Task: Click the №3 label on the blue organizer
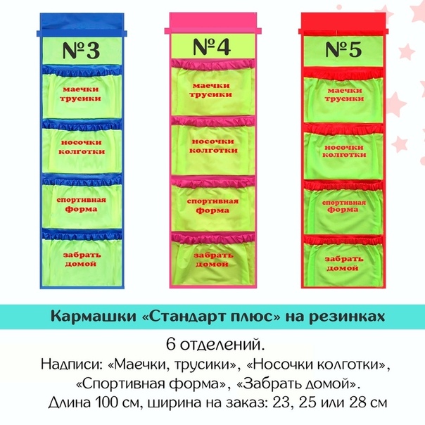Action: [x=82, y=51]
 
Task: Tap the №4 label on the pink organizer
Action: [x=212, y=46]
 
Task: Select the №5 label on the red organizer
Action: [x=343, y=49]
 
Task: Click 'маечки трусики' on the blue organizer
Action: [x=80, y=94]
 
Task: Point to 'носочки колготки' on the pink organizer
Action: [x=213, y=146]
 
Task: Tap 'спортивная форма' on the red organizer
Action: [x=343, y=206]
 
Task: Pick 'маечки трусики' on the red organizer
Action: [x=344, y=94]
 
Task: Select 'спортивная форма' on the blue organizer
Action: [x=81, y=204]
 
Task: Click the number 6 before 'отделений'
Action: [x=170, y=345]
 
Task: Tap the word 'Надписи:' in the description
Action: [x=71, y=364]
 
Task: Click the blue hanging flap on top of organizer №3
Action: [x=82, y=25]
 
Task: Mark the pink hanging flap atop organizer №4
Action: [x=213, y=23]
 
